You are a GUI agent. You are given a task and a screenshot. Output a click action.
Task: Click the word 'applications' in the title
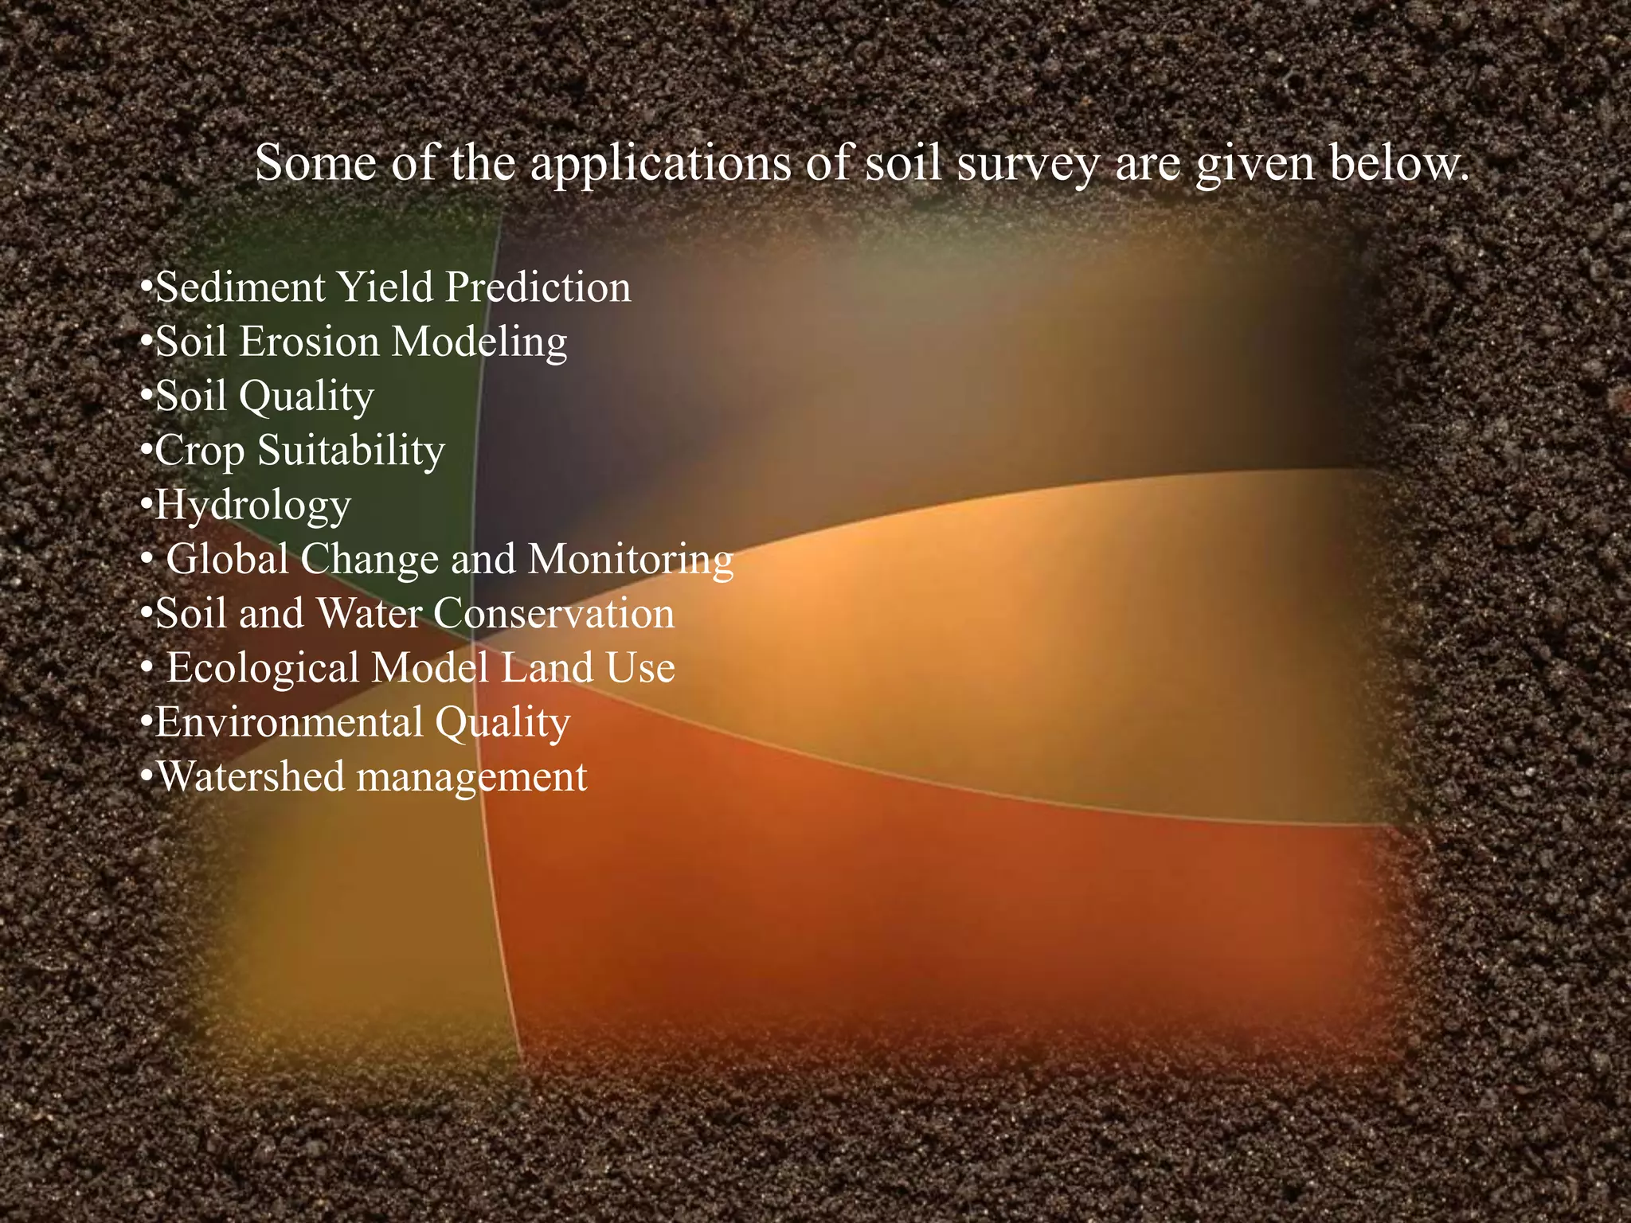point(660,165)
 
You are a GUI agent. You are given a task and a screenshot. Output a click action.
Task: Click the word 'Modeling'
point(479,343)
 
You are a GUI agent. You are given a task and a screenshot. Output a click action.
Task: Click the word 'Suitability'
point(351,451)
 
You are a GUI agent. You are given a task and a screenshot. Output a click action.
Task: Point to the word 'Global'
point(227,559)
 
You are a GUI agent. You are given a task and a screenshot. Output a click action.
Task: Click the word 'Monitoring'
point(631,561)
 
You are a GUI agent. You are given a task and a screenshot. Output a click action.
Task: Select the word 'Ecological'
point(263,668)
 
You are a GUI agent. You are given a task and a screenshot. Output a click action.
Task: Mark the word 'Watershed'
point(251,776)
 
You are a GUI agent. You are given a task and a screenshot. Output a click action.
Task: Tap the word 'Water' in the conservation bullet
point(368,614)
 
